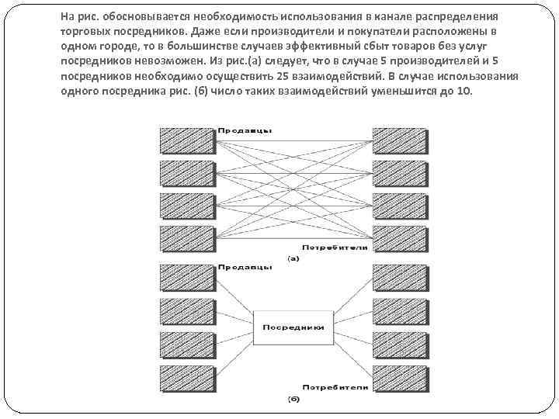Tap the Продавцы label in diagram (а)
coord(245,130)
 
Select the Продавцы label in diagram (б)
coord(245,266)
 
